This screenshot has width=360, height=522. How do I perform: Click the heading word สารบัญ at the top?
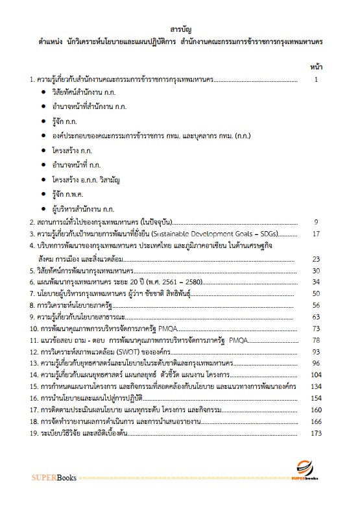(180, 29)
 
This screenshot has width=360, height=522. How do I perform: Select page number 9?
(317, 221)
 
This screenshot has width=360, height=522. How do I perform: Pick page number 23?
(317, 258)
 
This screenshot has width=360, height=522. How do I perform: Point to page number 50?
(317, 295)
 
